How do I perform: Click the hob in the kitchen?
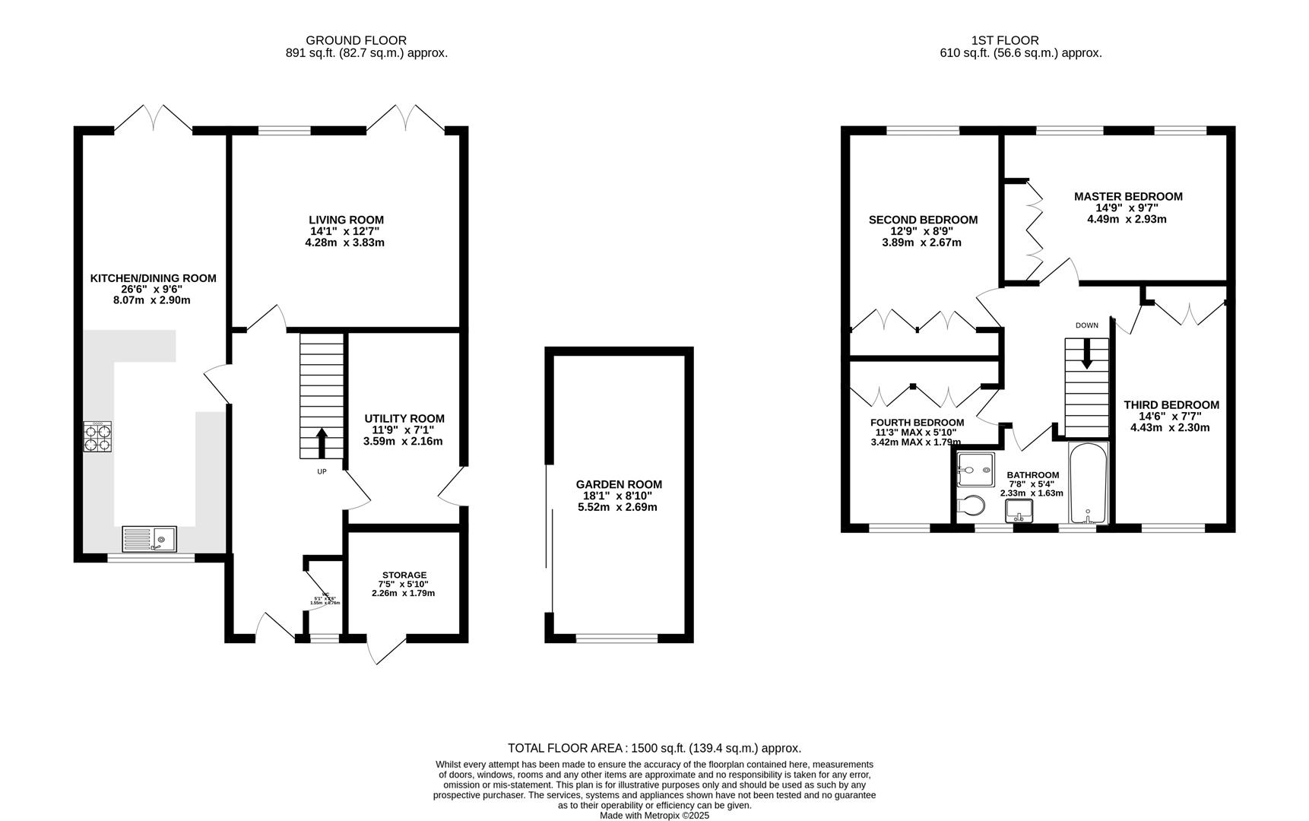97,437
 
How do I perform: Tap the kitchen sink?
149,538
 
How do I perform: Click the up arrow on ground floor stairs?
321,443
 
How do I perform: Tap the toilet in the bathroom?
968,506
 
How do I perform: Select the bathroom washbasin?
1019,512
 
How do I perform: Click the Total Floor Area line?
654,748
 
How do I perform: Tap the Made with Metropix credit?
654,815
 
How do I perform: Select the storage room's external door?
386,649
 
